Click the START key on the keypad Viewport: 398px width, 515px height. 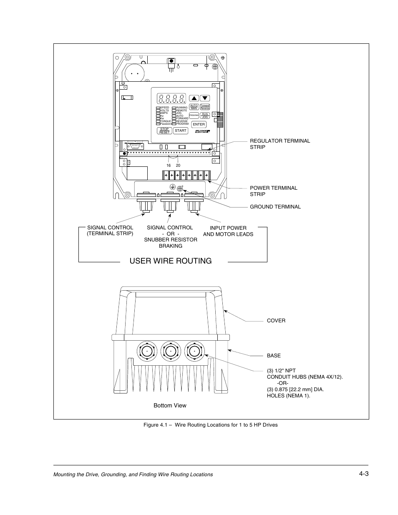[181, 131]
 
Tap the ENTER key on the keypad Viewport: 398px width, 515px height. [199, 124]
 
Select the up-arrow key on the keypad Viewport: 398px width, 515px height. [194, 98]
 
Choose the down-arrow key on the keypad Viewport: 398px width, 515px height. [204, 98]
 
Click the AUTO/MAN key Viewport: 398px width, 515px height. [194, 107]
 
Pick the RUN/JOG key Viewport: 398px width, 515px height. [205, 116]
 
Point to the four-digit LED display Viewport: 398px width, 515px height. [171, 99]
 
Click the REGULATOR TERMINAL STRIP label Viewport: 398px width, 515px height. [280, 144]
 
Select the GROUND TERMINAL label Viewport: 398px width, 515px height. [275, 207]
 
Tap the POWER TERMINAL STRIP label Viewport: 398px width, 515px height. [274, 191]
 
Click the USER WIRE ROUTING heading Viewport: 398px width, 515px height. [171, 261]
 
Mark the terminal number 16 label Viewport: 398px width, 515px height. [169, 166]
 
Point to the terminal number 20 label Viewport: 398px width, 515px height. [178, 166]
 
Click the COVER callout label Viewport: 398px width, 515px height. [276, 321]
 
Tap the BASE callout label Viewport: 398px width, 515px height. [274, 356]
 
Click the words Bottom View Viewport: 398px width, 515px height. [170, 406]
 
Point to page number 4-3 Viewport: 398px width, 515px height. [363, 473]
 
